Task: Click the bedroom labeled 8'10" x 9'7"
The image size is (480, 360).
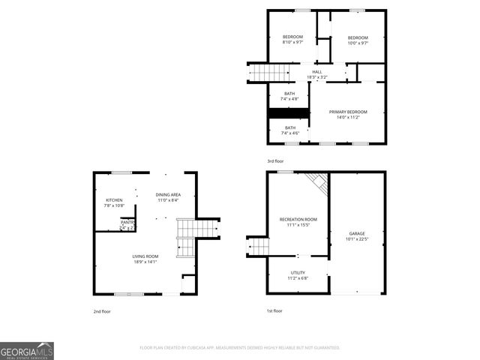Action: coord(292,40)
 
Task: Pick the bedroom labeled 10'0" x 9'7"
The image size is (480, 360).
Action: coord(358,40)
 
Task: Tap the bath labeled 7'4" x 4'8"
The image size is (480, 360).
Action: coord(289,96)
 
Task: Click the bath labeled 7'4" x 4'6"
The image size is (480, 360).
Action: coord(289,130)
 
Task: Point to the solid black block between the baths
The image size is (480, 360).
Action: coord(289,113)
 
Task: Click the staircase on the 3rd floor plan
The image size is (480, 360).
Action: coord(269,72)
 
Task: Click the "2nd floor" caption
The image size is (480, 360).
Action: coord(103,310)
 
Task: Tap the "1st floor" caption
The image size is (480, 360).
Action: coord(274,310)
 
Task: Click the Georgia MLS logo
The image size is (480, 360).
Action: coord(27,351)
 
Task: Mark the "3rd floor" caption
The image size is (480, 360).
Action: coord(276,160)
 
